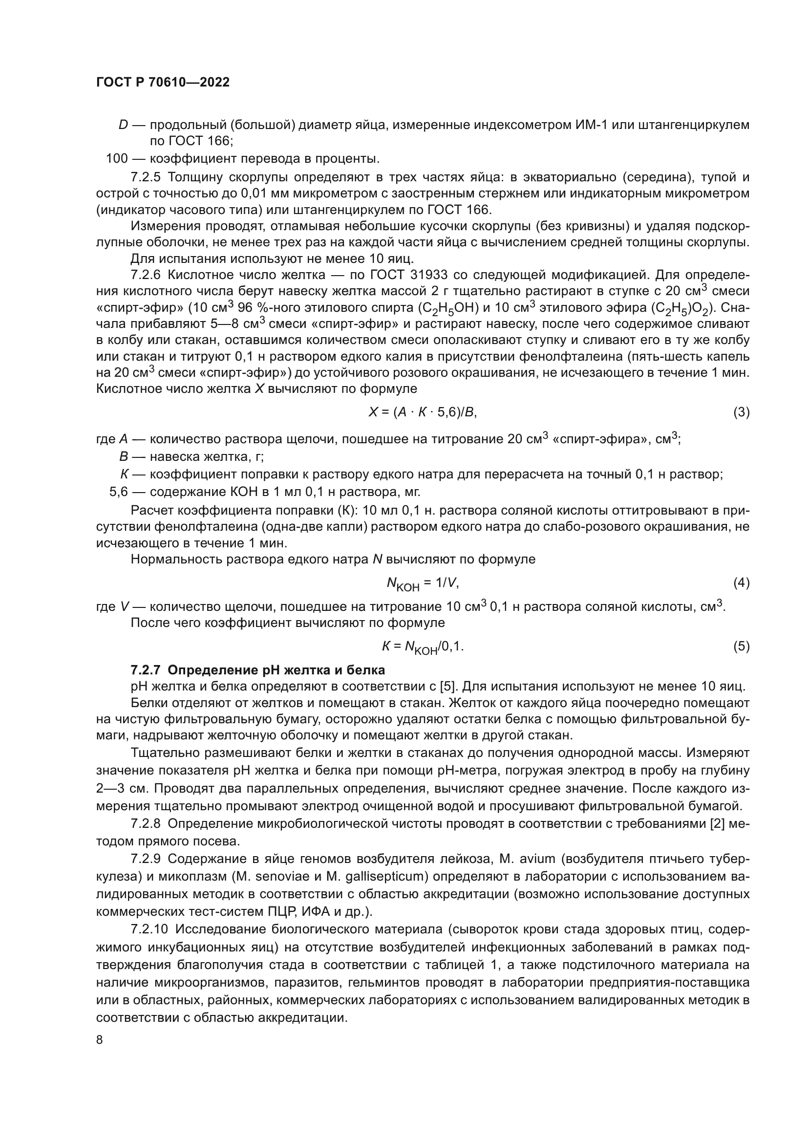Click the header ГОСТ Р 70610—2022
(163, 82)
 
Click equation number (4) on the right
(742, 582)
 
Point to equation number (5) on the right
(742, 646)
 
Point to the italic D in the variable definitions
(124, 125)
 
